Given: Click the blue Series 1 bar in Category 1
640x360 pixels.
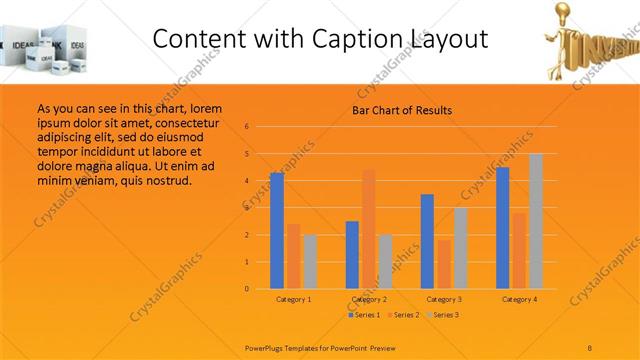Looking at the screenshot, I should coord(276,231).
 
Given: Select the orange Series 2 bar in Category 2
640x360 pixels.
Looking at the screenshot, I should coord(369,229).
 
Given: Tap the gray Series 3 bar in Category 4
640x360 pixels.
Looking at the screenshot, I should coord(536,221).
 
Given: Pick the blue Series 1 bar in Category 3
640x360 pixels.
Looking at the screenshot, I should coord(427,241).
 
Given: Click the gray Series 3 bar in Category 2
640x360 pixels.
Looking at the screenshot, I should coord(385,262).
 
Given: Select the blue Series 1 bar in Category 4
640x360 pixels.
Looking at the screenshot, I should coord(503,228).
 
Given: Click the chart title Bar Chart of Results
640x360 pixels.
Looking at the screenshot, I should coord(402,110).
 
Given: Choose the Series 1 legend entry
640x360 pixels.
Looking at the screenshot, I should coord(364,315).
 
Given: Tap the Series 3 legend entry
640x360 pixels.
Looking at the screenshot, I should coord(444,315).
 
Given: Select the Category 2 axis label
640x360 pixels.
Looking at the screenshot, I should coord(369,300).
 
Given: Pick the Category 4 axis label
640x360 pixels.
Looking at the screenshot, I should coord(519,300).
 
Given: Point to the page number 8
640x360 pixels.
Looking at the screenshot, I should coord(590,345).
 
